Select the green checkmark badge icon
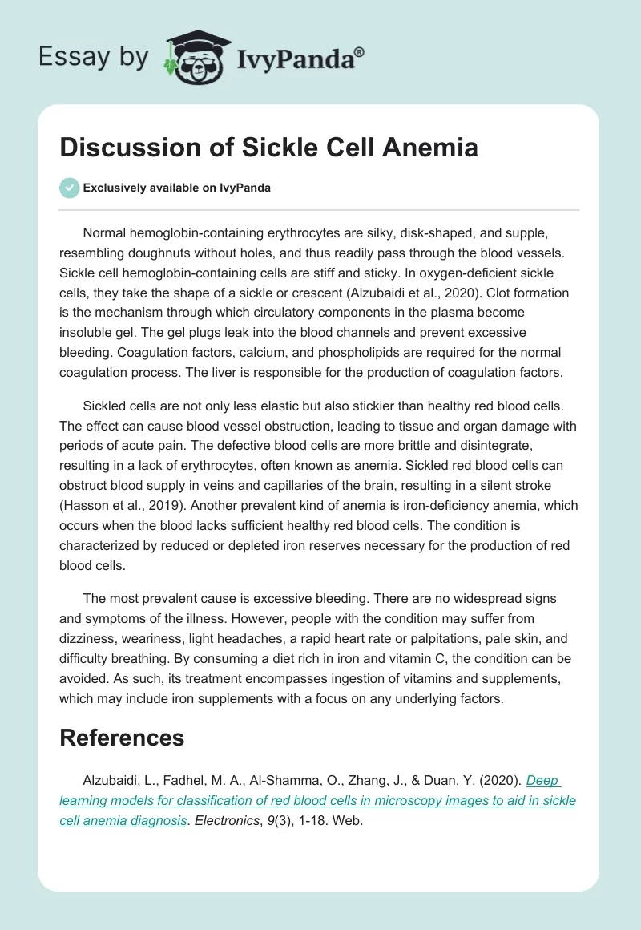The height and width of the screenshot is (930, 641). pyautogui.click(x=69, y=188)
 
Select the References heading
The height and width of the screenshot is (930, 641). pyautogui.click(x=122, y=738)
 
